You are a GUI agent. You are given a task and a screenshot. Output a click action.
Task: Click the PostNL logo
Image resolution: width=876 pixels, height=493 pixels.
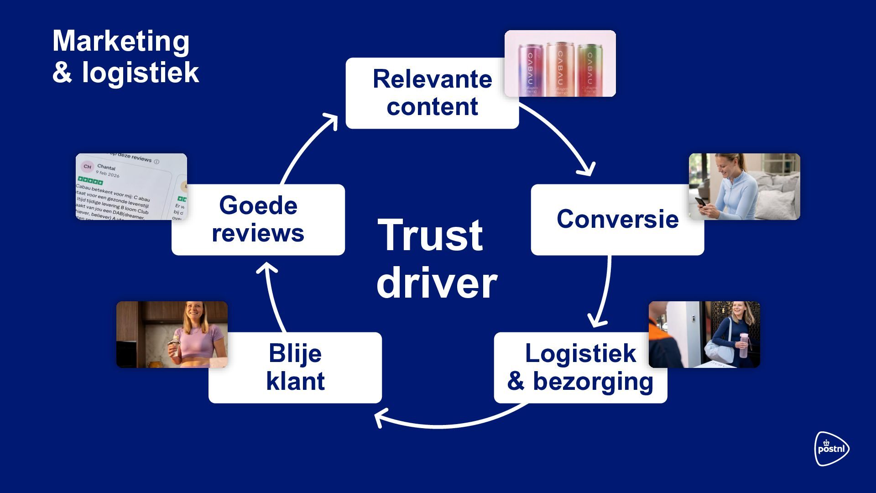(831, 449)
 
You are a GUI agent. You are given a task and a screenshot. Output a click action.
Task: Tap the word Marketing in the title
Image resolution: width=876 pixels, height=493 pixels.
(121, 41)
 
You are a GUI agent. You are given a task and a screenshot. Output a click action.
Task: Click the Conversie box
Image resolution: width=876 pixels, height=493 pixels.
(617, 220)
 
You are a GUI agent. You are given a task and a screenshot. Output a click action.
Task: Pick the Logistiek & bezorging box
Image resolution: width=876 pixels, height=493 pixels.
(580, 367)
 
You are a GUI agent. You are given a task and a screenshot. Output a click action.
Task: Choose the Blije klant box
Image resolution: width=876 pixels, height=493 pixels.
(295, 367)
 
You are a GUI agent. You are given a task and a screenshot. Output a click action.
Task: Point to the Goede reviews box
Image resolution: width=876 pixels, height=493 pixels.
(258, 220)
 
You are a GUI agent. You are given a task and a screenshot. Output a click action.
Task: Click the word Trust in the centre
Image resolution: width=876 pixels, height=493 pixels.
(430, 236)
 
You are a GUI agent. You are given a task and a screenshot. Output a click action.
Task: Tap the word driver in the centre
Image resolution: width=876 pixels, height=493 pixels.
(437, 283)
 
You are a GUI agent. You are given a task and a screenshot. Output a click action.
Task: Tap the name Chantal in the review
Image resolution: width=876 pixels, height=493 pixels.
(106, 168)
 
